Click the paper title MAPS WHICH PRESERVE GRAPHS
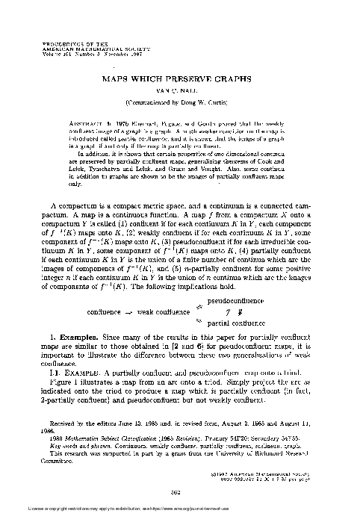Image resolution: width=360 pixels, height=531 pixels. [179, 77]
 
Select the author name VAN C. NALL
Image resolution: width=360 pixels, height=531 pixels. [179, 88]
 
